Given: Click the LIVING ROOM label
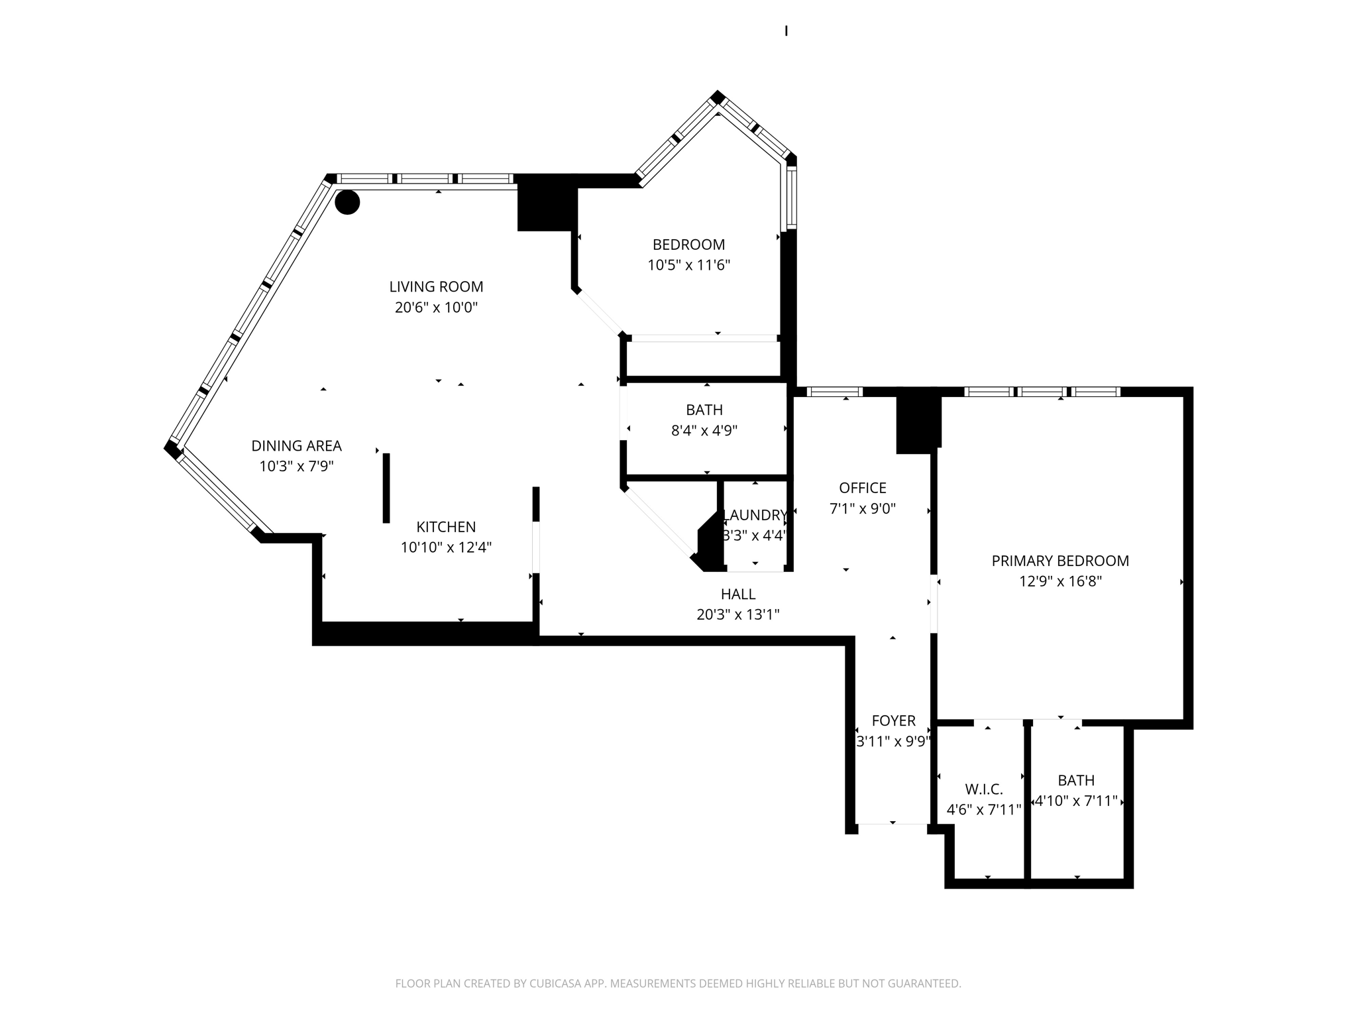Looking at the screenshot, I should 436,286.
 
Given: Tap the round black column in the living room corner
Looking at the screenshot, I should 347,202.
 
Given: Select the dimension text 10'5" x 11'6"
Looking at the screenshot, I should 688,265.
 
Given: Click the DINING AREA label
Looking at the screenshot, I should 296,445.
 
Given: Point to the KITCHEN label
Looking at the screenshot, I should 446,527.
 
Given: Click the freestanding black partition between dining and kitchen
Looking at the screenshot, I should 386,488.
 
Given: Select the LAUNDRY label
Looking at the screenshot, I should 755,515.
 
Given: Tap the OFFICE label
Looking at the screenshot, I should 862,488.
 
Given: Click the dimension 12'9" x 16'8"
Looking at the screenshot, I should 1060,581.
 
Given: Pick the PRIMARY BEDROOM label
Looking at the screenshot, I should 1060,561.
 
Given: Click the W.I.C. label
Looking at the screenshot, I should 983,789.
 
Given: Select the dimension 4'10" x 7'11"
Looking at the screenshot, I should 1076,801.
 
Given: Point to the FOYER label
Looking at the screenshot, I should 893,720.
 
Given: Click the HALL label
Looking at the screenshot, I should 737,594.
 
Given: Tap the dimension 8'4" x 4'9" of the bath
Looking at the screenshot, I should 704,430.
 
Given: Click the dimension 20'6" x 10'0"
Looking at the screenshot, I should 436,308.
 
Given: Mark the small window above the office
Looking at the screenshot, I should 834,392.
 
